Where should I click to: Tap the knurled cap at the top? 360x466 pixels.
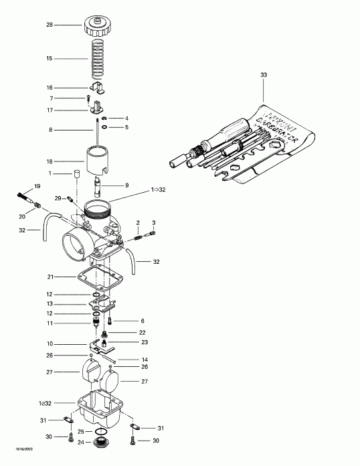(x=98, y=29)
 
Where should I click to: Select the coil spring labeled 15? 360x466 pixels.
(x=98, y=60)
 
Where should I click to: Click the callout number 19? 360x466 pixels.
(x=19, y=185)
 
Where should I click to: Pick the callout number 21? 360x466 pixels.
(x=50, y=276)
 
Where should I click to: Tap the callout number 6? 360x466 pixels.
(x=143, y=321)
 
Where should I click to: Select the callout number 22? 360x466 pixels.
(x=142, y=333)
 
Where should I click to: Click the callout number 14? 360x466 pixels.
(x=144, y=359)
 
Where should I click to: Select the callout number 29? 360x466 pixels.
(x=58, y=198)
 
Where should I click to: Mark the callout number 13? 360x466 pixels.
(x=50, y=303)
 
